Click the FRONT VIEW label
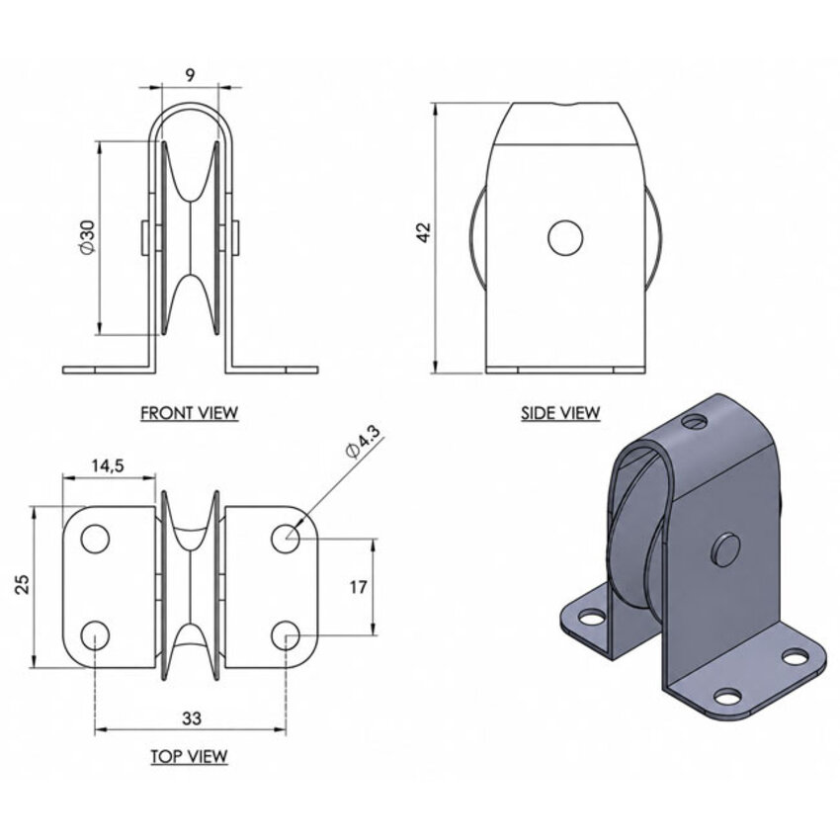coord(189,413)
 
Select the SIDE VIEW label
coord(560,413)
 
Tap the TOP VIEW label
coord(189,756)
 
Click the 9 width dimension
coord(190,75)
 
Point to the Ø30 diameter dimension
coord(87,236)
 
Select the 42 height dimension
coord(424,232)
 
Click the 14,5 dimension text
coord(108,465)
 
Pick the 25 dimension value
coord(23,584)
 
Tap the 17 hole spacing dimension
coord(359,587)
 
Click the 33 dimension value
coord(192,718)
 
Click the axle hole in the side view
coord(565,237)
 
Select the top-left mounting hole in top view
coord(95,539)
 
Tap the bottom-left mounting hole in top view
coord(95,635)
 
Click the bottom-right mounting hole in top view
coord(285,635)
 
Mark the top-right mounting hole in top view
coord(285,539)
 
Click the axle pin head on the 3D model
coord(726,549)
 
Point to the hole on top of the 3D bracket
coord(695,421)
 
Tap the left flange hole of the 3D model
coord(591,619)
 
